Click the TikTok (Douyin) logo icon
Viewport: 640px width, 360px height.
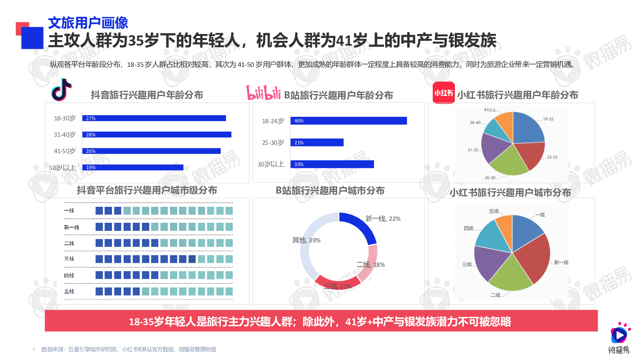coord(62,90)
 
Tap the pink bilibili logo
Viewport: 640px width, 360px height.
coord(263,93)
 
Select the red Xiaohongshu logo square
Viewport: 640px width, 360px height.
coord(444,93)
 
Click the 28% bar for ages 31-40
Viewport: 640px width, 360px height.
coord(157,135)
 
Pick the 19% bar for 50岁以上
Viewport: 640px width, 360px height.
coord(133,168)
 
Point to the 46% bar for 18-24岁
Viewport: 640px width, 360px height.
coord(348,121)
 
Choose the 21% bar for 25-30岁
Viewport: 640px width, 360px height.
coord(317,142)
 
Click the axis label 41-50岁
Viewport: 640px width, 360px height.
coord(65,151)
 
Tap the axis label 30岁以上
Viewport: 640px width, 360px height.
coord(271,164)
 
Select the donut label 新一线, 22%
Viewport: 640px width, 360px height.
coord(383,219)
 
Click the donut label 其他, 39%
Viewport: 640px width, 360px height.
coord(306,240)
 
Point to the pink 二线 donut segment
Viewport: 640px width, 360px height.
coord(368,262)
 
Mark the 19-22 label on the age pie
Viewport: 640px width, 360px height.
coord(548,119)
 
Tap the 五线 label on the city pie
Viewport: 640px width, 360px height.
coord(494,211)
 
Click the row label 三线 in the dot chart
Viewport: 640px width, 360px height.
coord(69,259)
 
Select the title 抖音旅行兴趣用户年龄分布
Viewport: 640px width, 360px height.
coord(147,95)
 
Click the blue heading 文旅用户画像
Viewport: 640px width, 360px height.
coord(88,23)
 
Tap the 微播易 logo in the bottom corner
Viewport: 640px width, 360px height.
coord(619,338)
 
